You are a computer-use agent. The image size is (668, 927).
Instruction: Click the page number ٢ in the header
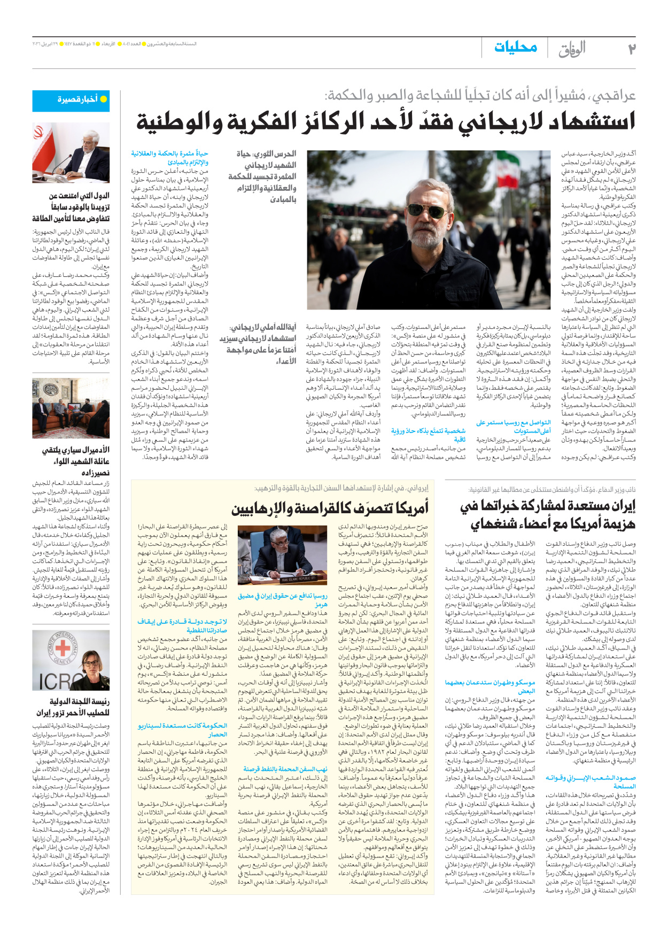[x=631, y=49]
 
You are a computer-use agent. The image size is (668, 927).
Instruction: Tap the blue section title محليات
[x=515, y=48]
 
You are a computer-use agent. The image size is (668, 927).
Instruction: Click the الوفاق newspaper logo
[x=572, y=49]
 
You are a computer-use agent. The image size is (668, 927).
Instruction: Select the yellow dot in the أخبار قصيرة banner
[x=104, y=99]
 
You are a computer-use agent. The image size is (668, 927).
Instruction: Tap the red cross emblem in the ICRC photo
[x=63, y=648]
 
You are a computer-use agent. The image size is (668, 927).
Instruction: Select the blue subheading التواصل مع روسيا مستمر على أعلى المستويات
[x=513, y=426]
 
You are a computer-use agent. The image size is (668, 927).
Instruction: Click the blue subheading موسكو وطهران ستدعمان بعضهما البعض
[x=490, y=686]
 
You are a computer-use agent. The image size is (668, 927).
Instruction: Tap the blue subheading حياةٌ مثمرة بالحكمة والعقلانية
[x=170, y=157]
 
